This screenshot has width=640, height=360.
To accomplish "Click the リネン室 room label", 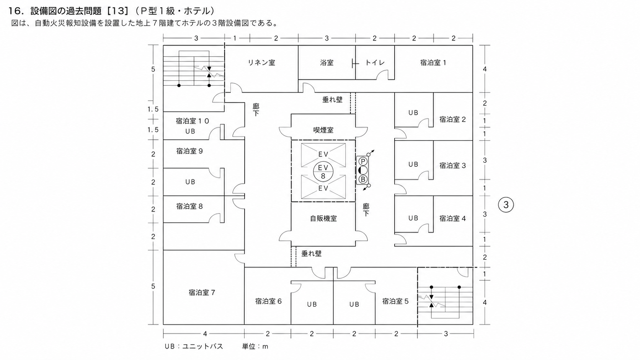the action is tap(261, 62).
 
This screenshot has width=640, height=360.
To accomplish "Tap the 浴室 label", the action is tap(327, 62).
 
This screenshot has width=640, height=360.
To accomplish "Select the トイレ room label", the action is tap(375, 62).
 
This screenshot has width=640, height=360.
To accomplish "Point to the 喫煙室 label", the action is tap(323, 130).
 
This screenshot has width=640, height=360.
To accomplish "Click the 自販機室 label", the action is tap(323, 219).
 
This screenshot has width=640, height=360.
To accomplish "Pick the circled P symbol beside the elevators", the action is tap(363, 161).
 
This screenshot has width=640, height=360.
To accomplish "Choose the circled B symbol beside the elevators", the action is tap(363, 179).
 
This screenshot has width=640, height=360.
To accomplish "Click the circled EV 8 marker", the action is tap(323, 172).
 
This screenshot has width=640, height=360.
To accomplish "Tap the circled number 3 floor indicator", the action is tap(506, 205).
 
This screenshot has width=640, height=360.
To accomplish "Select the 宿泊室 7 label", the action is tap(202, 293).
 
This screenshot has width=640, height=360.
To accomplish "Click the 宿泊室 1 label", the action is tap(433, 62).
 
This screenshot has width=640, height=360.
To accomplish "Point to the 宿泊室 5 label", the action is tap(395, 301).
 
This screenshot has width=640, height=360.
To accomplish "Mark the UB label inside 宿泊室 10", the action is tap(190, 131).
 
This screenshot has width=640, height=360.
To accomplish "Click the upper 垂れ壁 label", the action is tap(332, 99).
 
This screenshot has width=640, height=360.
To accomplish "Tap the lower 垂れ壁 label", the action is tap(312, 254).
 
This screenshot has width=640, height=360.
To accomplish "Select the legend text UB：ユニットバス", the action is tap(194, 347).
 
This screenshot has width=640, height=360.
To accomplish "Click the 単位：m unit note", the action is tap(255, 347).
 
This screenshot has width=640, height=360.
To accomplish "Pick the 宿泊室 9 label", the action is tap(190, 151).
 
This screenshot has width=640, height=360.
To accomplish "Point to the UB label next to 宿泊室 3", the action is tap(413, 165).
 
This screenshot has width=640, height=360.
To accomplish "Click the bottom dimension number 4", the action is tap(205, 334).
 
